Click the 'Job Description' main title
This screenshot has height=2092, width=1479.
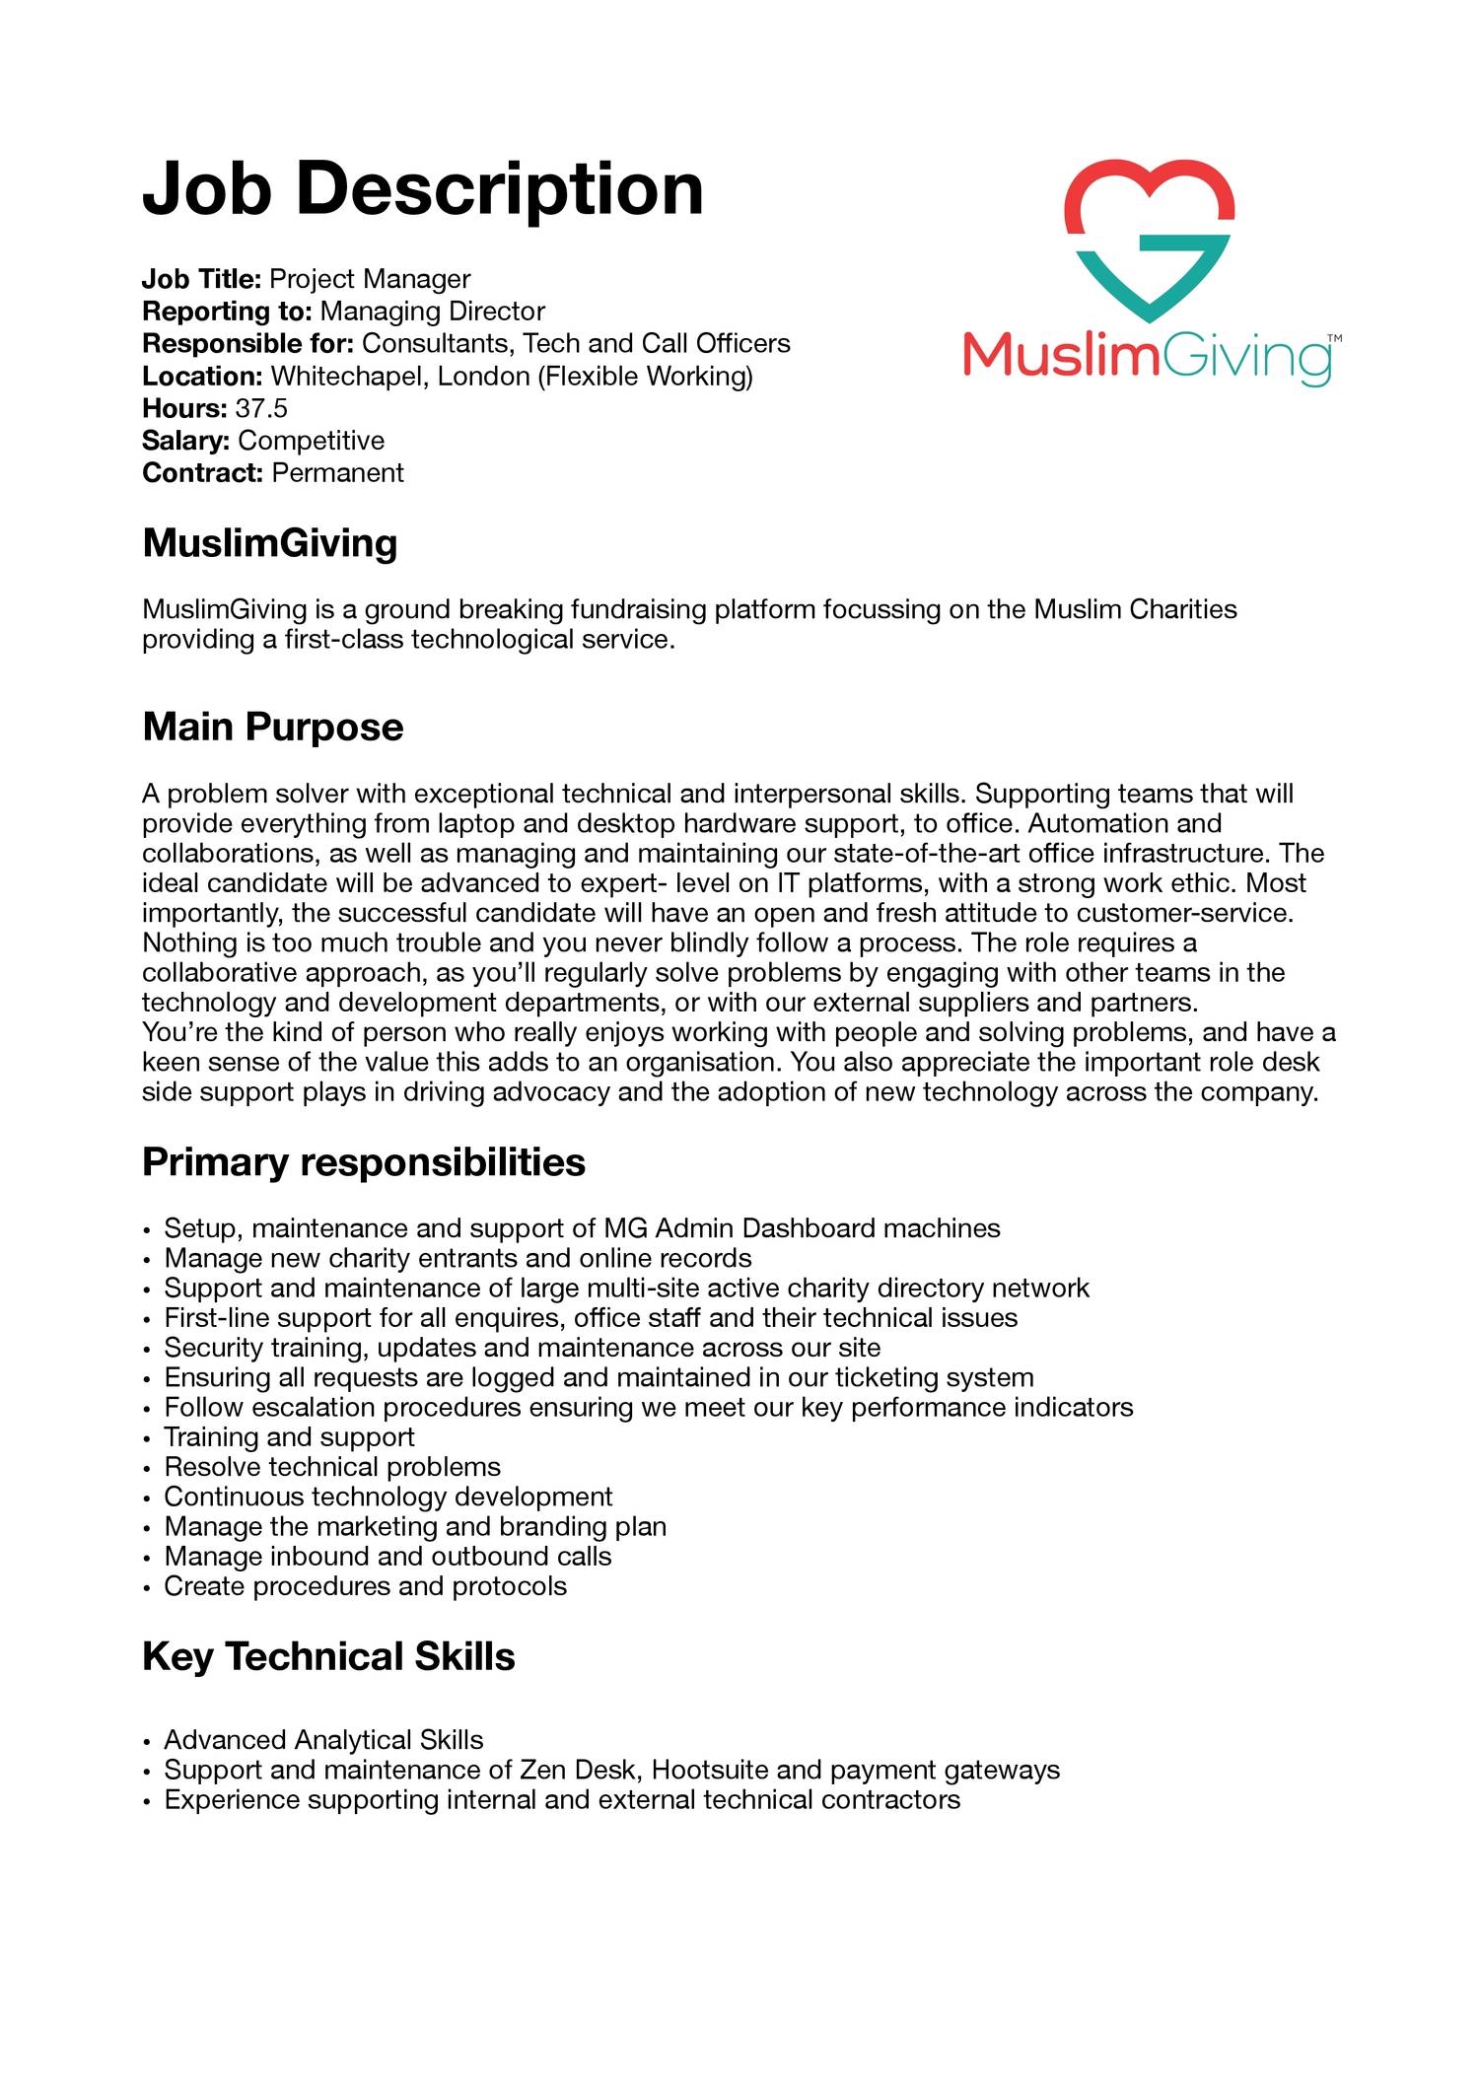tap(423, 188)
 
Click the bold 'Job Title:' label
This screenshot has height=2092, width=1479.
tap(201, 279)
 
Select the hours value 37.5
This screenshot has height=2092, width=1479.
tap(261, 408)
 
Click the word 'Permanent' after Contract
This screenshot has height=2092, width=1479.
tap(337, 472)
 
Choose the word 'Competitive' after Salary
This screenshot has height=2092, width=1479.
tap(311, 441)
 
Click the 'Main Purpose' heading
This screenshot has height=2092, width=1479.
tap(273, 728)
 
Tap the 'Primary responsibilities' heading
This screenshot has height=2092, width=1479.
tap(364, 1162)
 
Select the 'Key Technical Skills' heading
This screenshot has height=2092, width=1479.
tap(328, 1656)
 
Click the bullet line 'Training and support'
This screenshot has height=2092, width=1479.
tap(289, 1437)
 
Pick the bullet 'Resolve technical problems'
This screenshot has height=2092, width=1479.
tap(332, 1467)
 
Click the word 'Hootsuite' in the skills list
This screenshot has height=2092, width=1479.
tap(711, 1770)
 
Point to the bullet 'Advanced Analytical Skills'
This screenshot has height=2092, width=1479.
tap(323, 1740)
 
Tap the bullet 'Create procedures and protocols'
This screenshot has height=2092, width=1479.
tap(365, 1586)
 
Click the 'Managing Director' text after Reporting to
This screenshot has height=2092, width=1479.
tap(433, 312)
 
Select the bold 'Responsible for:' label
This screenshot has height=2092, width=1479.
tap(248, 344)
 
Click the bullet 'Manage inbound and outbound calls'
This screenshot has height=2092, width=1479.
tap(387, 1557)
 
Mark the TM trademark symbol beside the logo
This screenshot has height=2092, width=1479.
tap(1334, 339)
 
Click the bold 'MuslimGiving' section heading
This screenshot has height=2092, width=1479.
tap(270, 543)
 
